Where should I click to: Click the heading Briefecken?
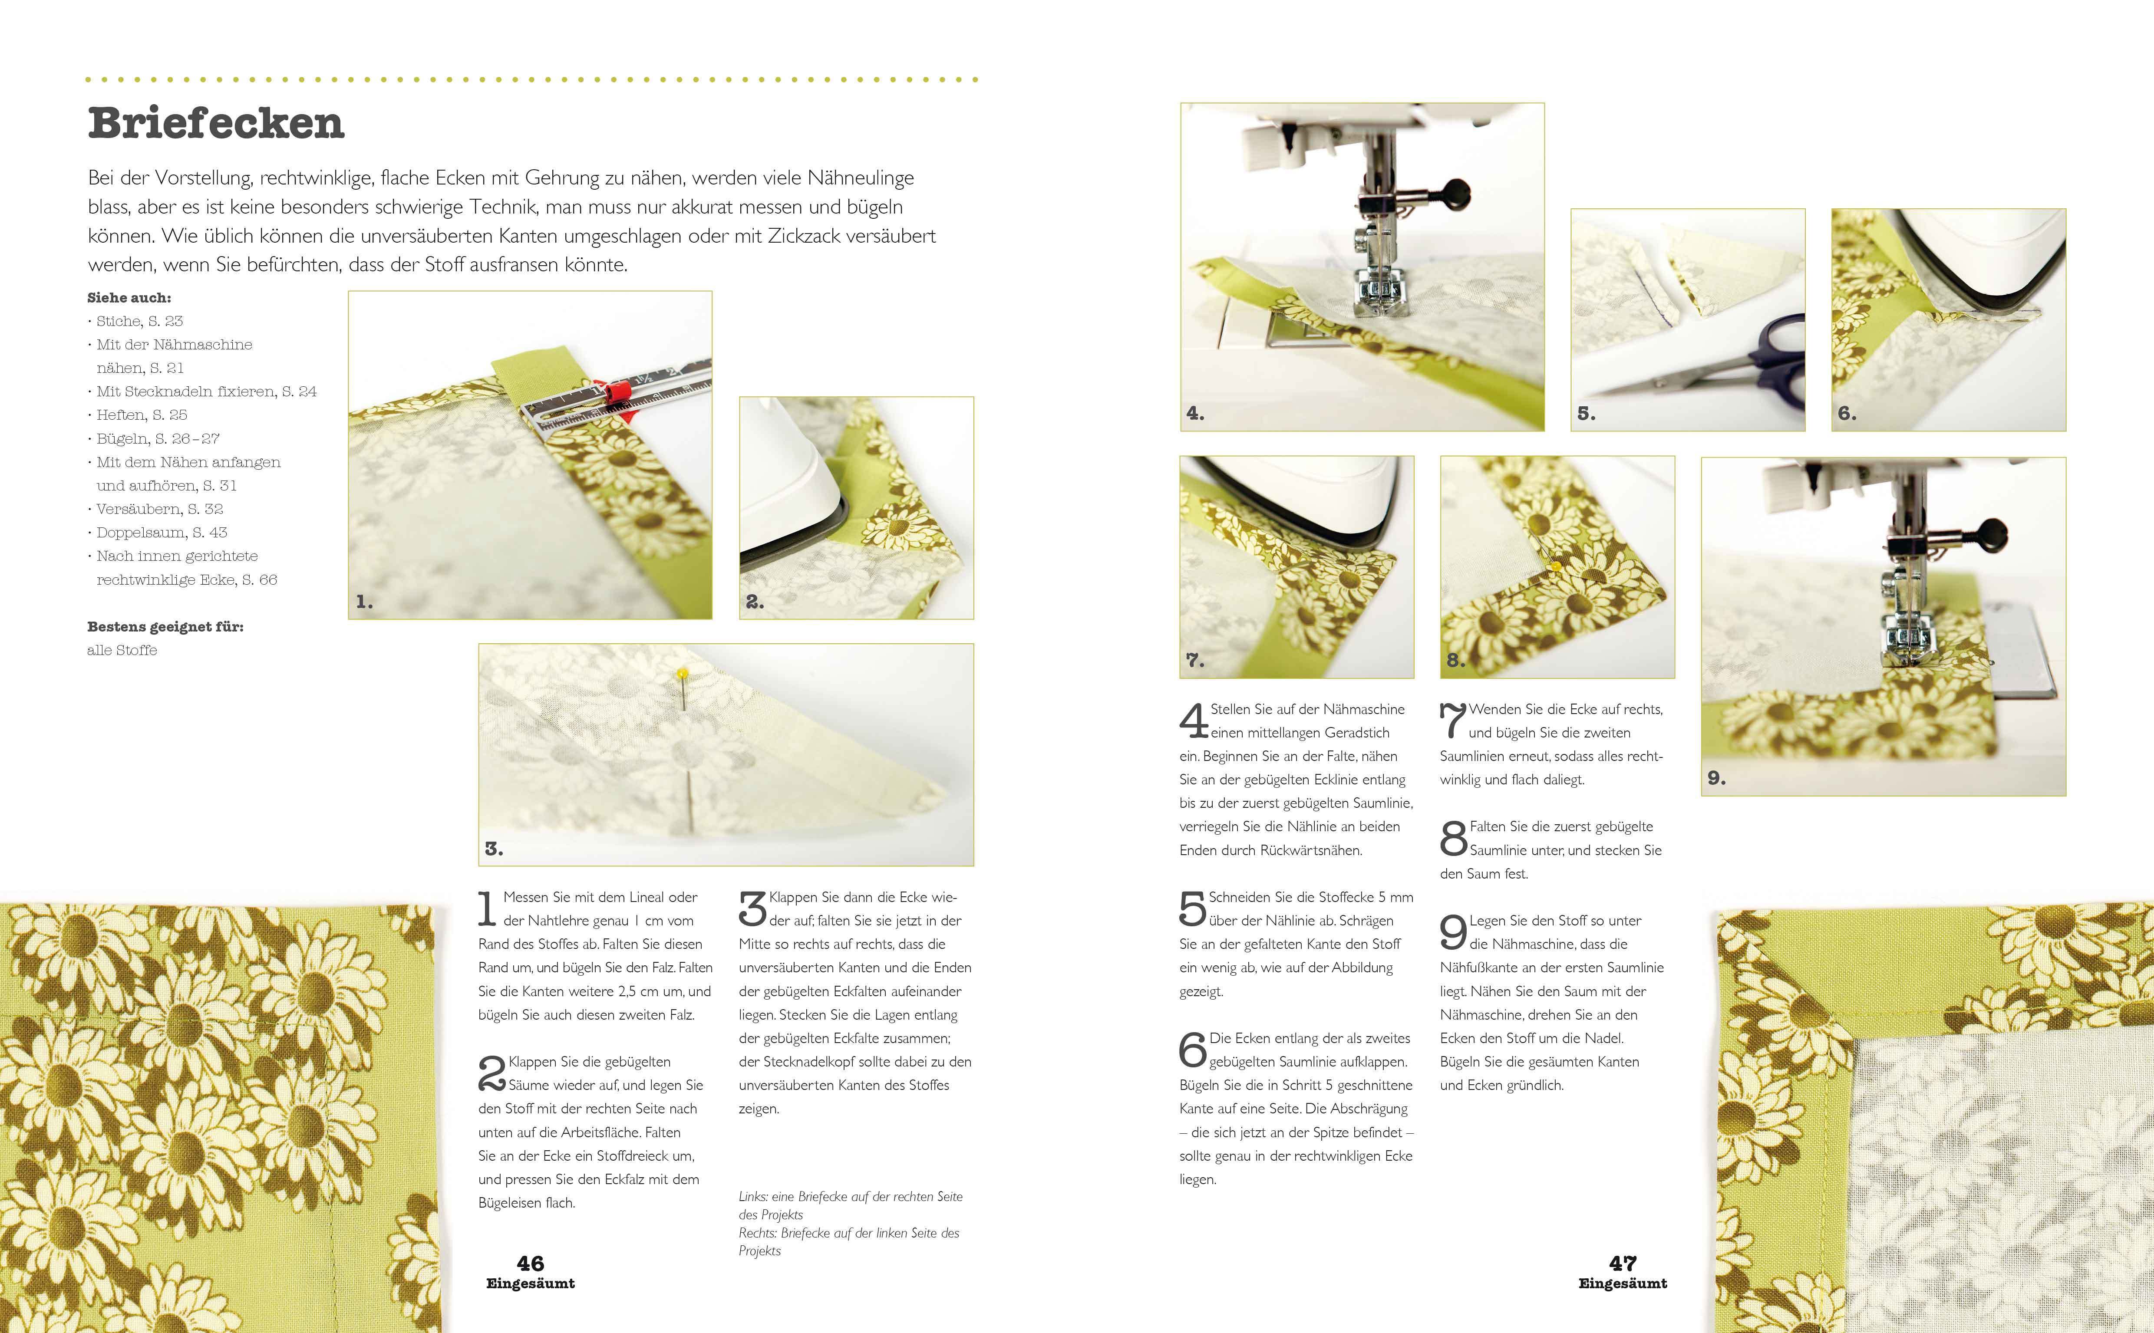pos(216,122)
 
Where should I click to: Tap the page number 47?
pos(1622,1264)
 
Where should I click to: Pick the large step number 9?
pos(1453,932)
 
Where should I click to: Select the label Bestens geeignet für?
pos(165,627)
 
